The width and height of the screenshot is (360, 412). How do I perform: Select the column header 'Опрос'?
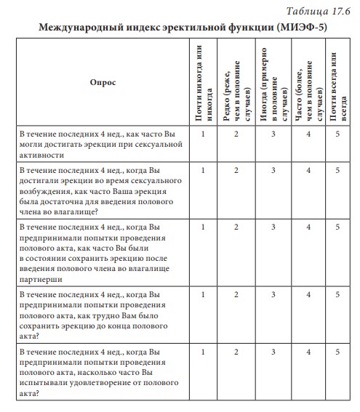coord(102,83)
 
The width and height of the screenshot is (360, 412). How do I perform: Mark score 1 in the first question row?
coord(204,134)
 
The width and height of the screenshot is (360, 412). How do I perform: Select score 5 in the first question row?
coord(338,134)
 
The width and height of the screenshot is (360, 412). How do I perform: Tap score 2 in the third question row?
coord(236,227)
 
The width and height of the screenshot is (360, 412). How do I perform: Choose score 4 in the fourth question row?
coord(309,294)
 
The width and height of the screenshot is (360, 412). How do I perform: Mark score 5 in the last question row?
coord(338,352)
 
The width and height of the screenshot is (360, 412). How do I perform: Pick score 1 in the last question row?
coord(204,352)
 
